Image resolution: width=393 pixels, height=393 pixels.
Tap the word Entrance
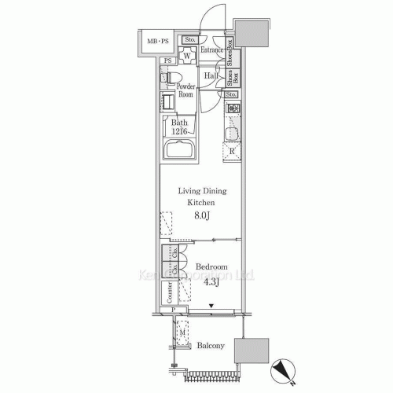click(211, 51)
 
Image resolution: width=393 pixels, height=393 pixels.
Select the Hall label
click(211, 75)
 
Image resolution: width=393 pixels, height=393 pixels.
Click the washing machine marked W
click(189, 56)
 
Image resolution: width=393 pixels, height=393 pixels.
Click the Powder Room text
click(185, 90)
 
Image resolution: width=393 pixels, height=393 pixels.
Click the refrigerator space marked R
click(230, 152)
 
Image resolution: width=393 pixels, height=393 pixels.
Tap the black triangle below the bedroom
click(211, 306)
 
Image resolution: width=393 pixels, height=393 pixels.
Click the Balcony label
click(211, 345)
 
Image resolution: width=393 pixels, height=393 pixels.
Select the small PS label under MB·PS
click(167, 61)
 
